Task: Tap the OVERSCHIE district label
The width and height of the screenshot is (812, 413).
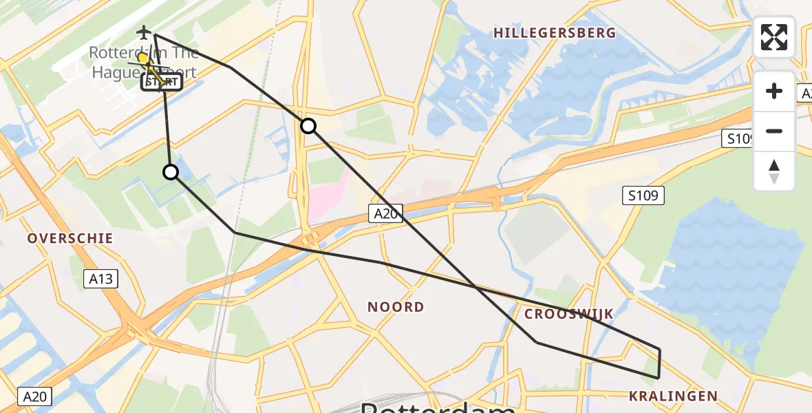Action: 70,238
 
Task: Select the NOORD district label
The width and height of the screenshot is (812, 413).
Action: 396,307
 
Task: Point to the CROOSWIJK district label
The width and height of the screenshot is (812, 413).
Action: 568,314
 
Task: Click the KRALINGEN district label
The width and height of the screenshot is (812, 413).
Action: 673,396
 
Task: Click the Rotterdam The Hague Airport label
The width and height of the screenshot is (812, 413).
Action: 145,62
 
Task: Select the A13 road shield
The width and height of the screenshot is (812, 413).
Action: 100,279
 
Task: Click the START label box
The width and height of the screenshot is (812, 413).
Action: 162,83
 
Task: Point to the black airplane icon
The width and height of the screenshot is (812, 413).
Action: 144,32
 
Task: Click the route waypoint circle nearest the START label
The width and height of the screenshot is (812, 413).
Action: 171,172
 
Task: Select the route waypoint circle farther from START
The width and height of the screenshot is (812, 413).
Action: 308,126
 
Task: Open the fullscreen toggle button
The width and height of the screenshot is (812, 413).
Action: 774,37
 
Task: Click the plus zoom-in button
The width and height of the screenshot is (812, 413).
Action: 774,91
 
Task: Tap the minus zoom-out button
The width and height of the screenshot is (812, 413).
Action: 774,131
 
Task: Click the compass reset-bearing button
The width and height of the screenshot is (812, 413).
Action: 774,171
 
